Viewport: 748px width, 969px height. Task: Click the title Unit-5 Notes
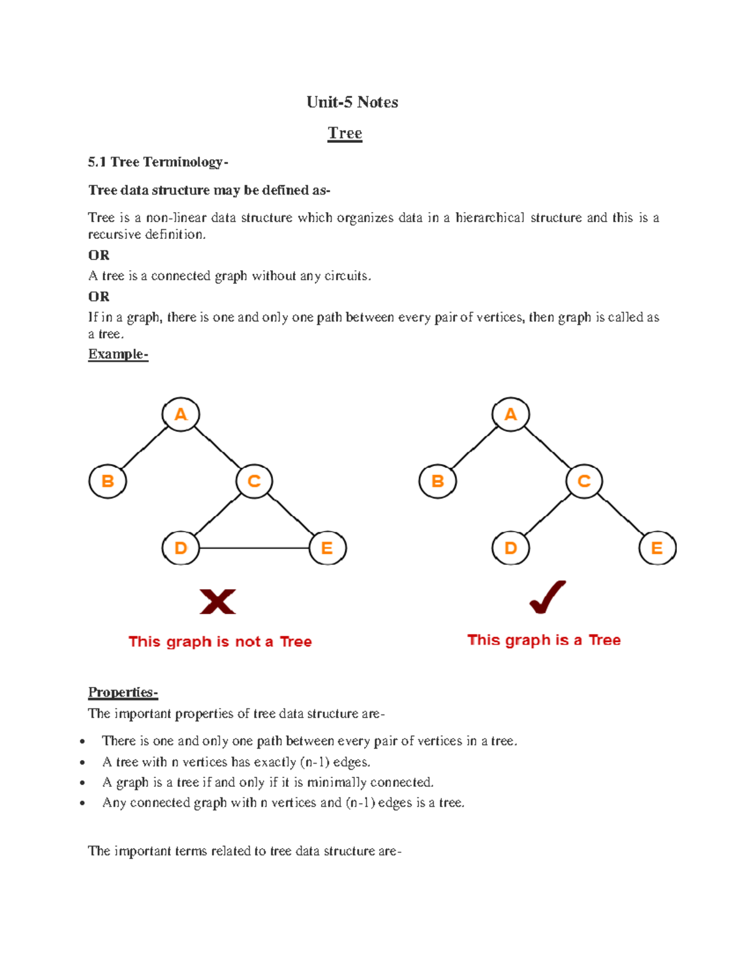[352, 102]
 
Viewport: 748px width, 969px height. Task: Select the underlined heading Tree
[345, 133]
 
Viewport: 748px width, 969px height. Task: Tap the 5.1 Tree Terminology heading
[158, 162]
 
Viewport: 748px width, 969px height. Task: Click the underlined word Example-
[118, 354]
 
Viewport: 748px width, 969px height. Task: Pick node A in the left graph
[181, 414]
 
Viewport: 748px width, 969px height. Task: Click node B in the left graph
[108, 481]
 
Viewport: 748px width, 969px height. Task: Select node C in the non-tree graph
[254, 481]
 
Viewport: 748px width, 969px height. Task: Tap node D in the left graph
[181, 548]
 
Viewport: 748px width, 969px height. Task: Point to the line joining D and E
[254, 548]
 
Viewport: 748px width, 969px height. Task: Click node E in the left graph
[327, 548]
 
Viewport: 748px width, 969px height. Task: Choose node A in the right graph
[511, 414]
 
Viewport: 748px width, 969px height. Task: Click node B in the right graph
[438, 481]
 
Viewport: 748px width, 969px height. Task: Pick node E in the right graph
[657, 548]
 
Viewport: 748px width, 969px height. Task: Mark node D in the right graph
[511, 548]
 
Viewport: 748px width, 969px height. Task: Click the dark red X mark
[218, 601]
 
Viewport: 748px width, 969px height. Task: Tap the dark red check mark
[547, 597]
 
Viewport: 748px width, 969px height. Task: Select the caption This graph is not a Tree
[220, 641]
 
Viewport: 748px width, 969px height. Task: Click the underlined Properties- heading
[123, 693]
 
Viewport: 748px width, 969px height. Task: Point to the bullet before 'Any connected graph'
[82, 803]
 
